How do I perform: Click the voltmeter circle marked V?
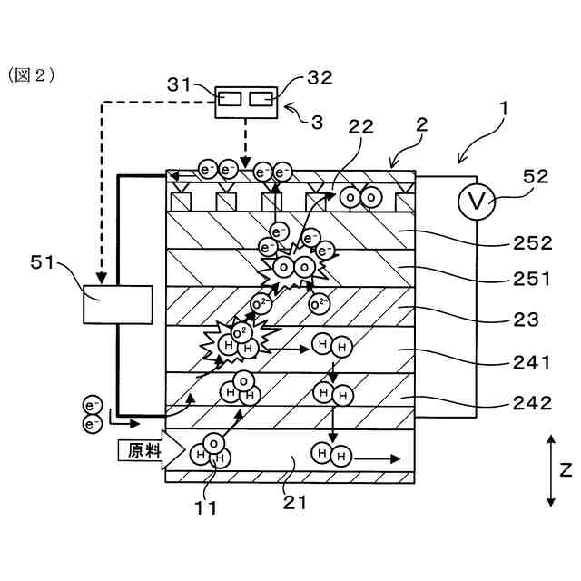click(x=476, y=202)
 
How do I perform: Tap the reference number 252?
click(x=533, y=243)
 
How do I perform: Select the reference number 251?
click(x=532, y=279)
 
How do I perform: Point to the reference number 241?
click(x=532, y=362)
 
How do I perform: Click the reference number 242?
click(x=533, y=403)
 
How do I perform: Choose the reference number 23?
click(x=526, y=320)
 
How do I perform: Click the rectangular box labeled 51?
click(x=118, y=305)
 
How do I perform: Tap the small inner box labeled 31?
click(x=230, y=99)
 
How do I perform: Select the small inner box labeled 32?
click(x=261, y=99)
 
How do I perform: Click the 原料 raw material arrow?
click(x=152, y=450)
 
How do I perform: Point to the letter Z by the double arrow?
click(x=566, y=470)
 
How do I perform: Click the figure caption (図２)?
click(x=32, y=74)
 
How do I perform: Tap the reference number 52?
click(x=536, y=176)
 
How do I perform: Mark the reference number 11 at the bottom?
click(x=206, y=508)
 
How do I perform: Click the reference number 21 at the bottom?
click(x=295, y=502)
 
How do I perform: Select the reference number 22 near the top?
click(x=361, y=127)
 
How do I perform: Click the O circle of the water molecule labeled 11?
click(x=213, y=444)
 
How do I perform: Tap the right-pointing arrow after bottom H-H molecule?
click(x=377, y=459)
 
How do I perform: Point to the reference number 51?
click(x=43, y=262)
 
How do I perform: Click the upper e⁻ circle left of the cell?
click(x=92, y=406)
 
